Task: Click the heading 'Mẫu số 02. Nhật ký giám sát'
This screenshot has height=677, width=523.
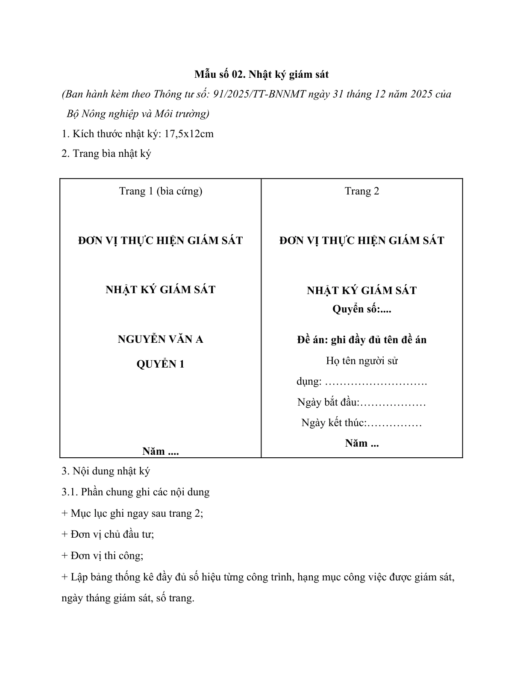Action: (x=261, y=74)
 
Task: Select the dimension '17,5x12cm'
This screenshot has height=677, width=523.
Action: (x=189, y=134)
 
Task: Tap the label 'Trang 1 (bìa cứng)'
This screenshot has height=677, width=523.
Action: (x=161, y=191)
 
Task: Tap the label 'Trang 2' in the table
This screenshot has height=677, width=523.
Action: (x=362, y=191)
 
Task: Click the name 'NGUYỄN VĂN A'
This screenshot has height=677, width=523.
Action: (x=161, y=339)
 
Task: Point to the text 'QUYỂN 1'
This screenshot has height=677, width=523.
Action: (x=161, y=364)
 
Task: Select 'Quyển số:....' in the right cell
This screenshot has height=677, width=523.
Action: (x=362, y=309)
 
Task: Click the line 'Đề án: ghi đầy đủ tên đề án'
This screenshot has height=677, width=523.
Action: (x=362, y=340)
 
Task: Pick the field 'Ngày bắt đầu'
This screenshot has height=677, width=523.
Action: (x=328, y=403)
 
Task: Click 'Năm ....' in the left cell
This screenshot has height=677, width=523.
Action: (x=161, y=451)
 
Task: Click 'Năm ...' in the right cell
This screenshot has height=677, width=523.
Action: (x=362, y=443)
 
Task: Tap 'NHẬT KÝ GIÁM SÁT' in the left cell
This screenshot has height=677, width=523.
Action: (x=161, y=290)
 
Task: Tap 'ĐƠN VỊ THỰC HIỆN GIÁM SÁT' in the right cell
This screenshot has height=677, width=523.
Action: (x=362, y=241)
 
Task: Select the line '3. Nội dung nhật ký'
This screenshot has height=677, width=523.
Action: (x=106, y=471)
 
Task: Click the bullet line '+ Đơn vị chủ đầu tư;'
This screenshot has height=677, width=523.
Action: (x=108, y=534)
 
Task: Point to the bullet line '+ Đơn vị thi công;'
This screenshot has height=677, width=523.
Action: (x=103, y=556)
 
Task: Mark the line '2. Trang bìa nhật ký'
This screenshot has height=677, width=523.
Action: (x=106, y=153)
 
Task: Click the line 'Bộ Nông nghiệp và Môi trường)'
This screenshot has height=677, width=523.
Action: (x=138, y=114)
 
